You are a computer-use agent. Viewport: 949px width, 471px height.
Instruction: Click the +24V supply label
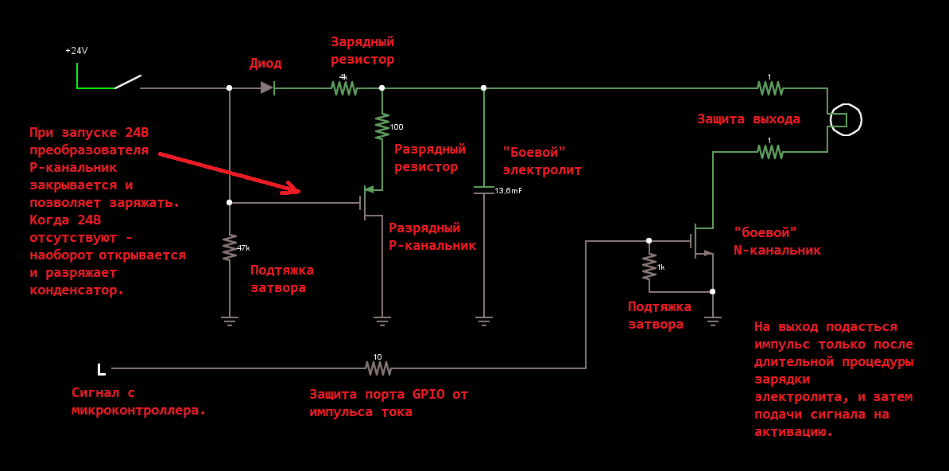pos(76,51)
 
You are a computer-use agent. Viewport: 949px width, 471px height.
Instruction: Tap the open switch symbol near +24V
pos(128,83)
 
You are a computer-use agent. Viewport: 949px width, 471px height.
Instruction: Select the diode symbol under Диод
pos(268,88)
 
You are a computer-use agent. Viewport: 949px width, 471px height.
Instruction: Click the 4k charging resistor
pos(344,88)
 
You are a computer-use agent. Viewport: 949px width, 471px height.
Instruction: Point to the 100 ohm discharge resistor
pos(382,127)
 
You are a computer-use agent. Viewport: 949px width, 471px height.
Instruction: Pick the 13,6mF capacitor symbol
pos(483,190)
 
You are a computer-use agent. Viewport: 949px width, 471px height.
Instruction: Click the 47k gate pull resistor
pos(230,247)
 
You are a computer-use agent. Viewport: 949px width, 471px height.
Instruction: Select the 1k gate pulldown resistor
pos(649,267)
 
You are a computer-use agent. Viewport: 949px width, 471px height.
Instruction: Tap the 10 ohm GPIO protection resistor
pos(378,368)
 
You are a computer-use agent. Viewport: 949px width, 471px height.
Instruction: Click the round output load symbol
pos(845,120)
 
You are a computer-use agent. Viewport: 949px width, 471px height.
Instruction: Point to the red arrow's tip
pos(299,191)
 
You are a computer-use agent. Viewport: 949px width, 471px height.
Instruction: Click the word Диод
pos(265,64)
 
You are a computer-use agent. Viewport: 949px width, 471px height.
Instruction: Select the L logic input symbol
pos(101,369)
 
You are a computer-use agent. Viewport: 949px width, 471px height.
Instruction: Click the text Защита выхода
pos(748,119)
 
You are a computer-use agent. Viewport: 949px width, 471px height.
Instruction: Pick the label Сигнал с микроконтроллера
pos(138,401)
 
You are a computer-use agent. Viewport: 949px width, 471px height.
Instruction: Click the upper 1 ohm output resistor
pos(769,88)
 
